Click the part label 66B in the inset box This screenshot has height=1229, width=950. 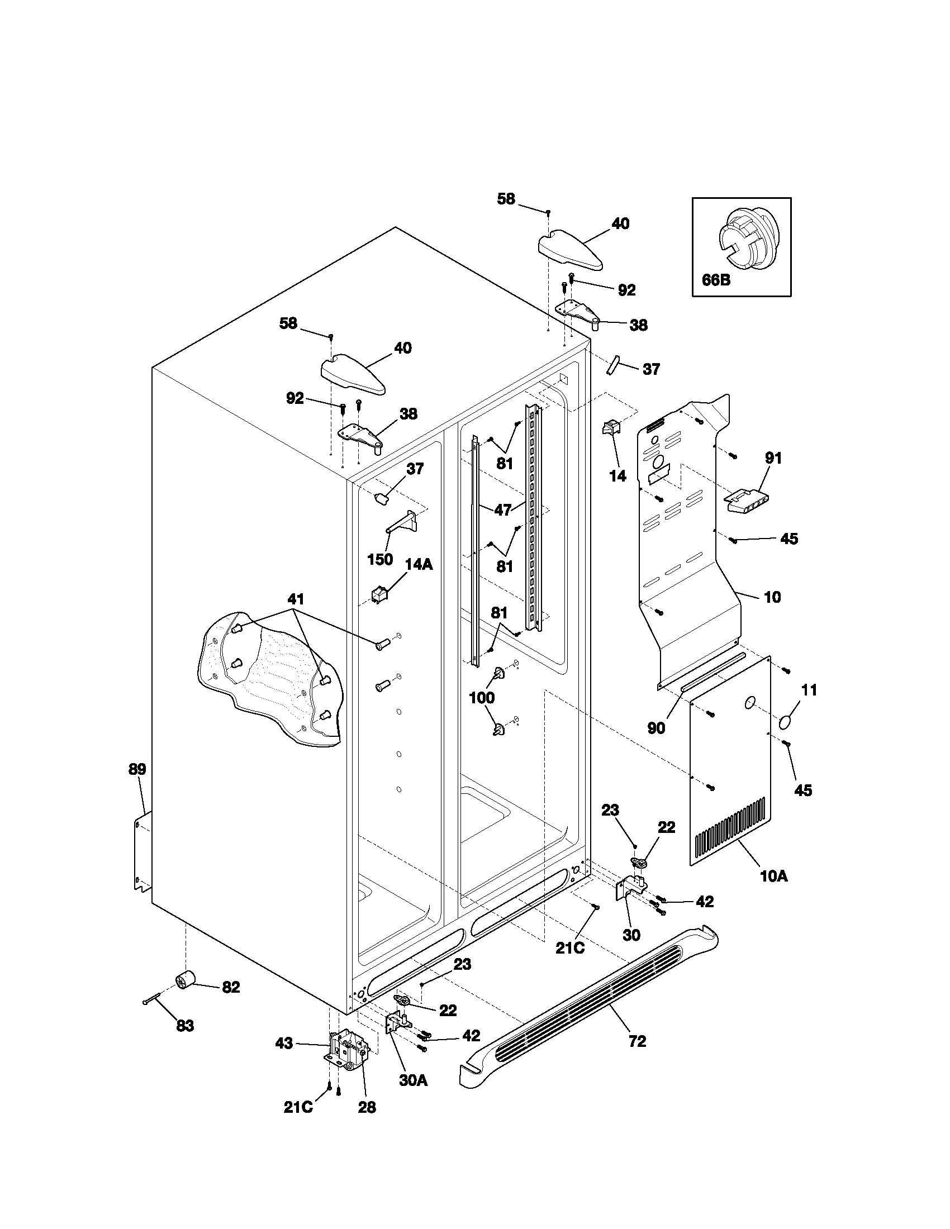pyautogui.click(x=716, y=279)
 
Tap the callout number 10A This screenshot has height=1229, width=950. pyautogui.click(x=773, y=892)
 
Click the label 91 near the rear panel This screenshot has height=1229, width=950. pyautogui.click(x=773, y=458)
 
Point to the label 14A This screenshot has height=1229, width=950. pyautogui.click(x=419, y=564)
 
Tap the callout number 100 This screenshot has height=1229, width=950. pyautogui.click(x=482, y=698)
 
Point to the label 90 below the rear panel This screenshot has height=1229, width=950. pyautogui.click(x=656, y=727)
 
